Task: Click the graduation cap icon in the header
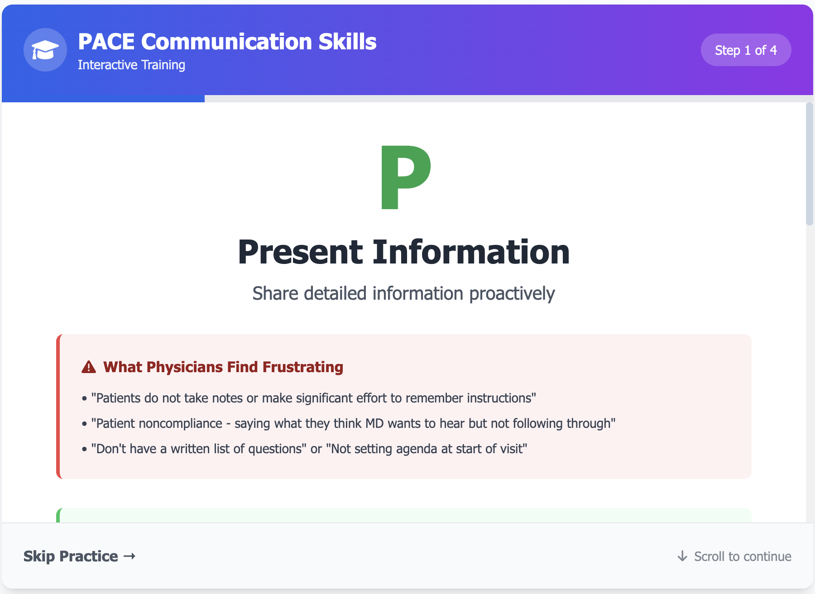(45, 50)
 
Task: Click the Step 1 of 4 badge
(745, 50)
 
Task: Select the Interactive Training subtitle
(131, 65)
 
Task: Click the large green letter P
(405, 177)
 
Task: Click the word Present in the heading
(300, 252)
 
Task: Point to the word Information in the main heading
(471, 252)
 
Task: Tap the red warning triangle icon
(89, 367)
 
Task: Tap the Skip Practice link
(71, 556)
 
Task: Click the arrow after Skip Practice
(129, 556)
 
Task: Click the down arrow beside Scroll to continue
(682, 556)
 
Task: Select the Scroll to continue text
(743, 556)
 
